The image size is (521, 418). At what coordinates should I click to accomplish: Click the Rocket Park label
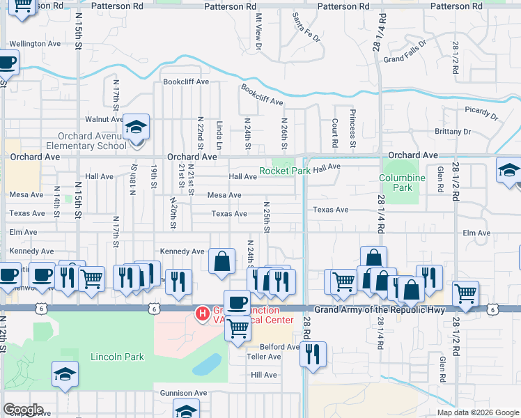tap(285, 170)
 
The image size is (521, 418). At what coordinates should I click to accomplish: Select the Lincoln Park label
tap(117, 357)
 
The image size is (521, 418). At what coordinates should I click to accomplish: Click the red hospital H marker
tap(202, 314)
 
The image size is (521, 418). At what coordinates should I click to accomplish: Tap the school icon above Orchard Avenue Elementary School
tap(137, 127)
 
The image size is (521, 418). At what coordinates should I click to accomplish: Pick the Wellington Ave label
tap(35, 43)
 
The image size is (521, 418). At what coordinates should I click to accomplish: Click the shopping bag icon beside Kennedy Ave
tap(221, 262)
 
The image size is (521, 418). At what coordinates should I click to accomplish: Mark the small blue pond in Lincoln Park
tap(207, 364)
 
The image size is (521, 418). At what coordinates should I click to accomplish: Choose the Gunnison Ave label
tap(183, 393)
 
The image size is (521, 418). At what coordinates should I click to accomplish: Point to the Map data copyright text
tap(477, 412)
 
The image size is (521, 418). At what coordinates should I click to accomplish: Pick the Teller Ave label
tap(264, 357)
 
